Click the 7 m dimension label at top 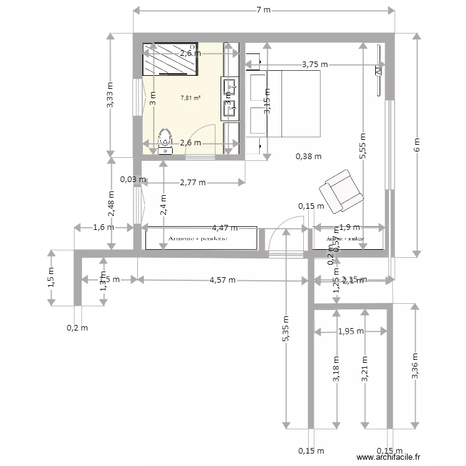point(264,11)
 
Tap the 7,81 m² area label point(190,98)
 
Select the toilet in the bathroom point(165,141)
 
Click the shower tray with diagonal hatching point(171,59)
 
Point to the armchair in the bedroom point(340,190)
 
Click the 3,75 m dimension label point(315,64)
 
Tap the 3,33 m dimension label point(110,95)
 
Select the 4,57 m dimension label point(222,280)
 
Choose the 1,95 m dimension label point(351,331)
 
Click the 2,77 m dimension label point(193,183)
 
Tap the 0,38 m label point(309,157)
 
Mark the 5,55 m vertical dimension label point(362,147)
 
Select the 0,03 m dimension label point(133,180)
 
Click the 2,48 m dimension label point(111,203)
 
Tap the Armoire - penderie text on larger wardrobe point(198,238)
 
